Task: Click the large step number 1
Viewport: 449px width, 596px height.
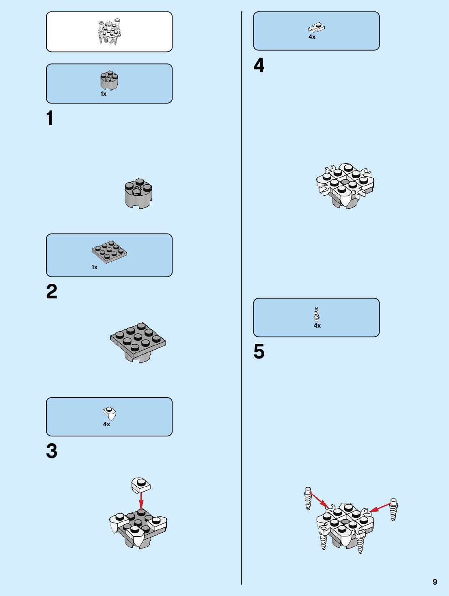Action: coord(50,119)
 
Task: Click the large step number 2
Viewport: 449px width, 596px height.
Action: coord(52,292)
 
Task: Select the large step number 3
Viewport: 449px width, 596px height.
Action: coord(52,451)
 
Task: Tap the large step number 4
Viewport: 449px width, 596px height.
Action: coord(259,65)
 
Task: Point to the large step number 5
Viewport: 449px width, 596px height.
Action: coord(259,352)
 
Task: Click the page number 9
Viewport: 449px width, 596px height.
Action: coord(435,582)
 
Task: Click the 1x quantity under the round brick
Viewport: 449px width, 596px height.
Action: coord(104,94)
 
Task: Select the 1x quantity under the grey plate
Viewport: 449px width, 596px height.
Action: coord(95,267)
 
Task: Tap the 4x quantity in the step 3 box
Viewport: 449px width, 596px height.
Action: coord(106,424)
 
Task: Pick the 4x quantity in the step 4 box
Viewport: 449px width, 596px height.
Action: coord(312,37)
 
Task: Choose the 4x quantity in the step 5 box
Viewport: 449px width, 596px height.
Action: coord(317,326)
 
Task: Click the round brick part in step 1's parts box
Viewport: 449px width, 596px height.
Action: coord(109,80)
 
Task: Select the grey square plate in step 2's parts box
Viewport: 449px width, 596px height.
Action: coord(109,252)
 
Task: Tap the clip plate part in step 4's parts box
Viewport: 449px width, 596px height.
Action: coord(316,28)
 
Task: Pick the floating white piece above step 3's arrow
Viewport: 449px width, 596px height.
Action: coord(141,484)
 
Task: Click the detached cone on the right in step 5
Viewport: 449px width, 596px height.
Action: coord(393,509)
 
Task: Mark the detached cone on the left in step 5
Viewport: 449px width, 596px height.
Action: coord(308,498)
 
